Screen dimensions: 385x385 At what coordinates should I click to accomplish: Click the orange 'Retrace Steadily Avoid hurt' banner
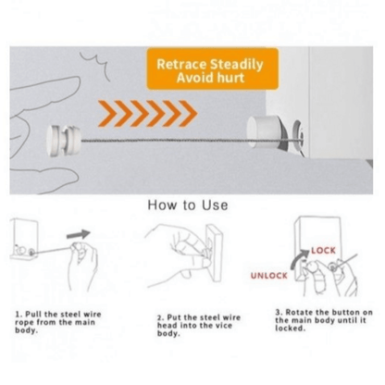(213, 68)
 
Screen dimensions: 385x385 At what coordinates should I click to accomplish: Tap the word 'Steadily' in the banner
(237, 64)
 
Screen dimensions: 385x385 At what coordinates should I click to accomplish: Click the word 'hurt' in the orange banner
(230, 77)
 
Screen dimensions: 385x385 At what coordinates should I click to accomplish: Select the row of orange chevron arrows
(147, 113)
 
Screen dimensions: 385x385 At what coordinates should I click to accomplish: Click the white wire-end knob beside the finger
(63, 141)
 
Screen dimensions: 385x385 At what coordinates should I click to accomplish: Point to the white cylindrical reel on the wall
(265, 132)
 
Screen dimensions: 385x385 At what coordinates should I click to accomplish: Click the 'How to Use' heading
(188, 205)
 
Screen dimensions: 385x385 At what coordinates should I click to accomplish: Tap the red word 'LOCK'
(323, 250)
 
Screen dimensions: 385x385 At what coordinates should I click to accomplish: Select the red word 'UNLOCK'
(268, 276)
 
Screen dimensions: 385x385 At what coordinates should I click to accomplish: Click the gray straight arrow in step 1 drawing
(79, 234)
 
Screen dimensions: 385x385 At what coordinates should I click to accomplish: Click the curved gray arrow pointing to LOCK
(298, 259)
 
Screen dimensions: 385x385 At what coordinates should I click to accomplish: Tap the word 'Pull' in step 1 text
(33, 315)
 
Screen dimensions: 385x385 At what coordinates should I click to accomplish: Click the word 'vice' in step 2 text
(224, 326)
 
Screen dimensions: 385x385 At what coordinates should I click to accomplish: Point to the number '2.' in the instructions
(160, 317)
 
